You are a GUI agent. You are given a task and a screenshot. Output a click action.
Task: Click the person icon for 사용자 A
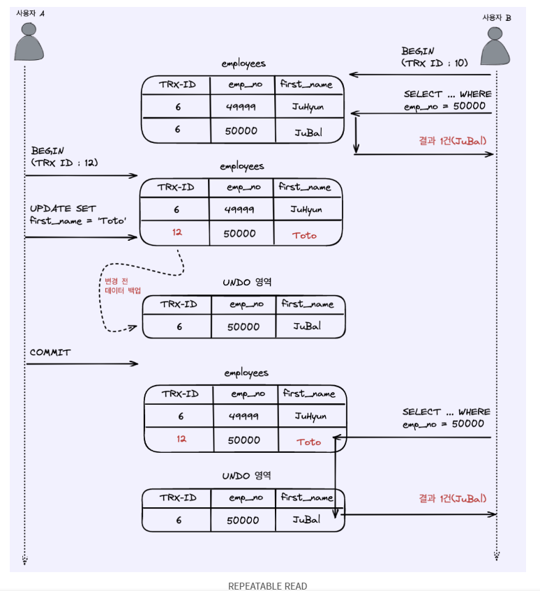click(29, 43)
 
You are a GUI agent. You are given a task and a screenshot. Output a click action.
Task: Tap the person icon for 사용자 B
click(495, 47)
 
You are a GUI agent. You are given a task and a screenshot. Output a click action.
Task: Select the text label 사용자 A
click(31, 13)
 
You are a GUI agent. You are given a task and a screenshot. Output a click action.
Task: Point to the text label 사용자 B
click(496, 17)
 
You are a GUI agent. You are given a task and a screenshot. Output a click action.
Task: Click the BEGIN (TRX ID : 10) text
click(434, 57)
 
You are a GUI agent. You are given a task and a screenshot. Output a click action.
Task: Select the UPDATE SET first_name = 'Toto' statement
click(77, 215)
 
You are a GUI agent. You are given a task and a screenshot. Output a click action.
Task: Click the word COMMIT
click(50, 352)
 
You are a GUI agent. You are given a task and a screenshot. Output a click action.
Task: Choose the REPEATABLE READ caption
click(267, 586)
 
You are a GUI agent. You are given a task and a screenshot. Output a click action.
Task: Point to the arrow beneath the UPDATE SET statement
click(81, 237)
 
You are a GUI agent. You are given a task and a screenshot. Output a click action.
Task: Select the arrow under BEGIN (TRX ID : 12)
click(81, 176)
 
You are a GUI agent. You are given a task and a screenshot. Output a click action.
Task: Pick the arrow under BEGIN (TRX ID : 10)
click(422, 74)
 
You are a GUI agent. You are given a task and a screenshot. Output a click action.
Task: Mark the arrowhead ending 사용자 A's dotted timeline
click(24, 560)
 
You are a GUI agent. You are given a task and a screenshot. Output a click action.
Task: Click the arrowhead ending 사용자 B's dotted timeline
click(496, 556)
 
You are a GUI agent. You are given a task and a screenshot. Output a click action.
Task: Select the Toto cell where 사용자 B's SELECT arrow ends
click(308, 442)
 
